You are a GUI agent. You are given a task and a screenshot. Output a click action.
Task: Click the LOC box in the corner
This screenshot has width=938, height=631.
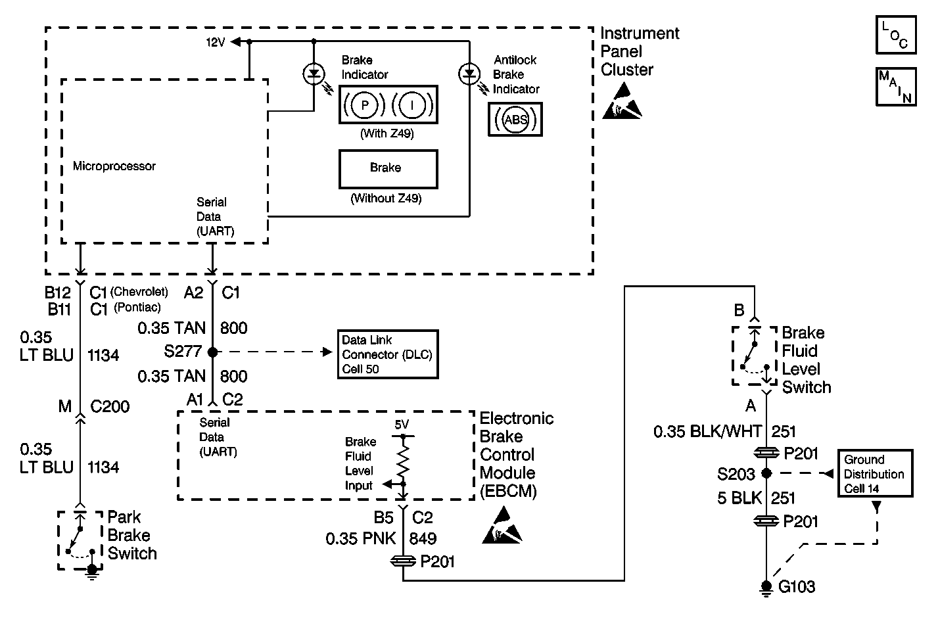[895, 35]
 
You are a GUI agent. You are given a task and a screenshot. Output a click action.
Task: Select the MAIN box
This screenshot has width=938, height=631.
[895, 86]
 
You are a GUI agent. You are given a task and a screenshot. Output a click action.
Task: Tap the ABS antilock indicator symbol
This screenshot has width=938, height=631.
[515, 120]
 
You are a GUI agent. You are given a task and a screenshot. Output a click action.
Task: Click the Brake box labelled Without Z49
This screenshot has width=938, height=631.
[388, 168]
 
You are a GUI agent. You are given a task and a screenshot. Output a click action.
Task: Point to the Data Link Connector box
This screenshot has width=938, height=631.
[387, 354]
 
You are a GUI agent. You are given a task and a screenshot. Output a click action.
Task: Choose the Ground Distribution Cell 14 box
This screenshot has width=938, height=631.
[874, 473]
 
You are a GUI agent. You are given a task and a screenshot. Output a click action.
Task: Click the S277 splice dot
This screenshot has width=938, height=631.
[212, 352]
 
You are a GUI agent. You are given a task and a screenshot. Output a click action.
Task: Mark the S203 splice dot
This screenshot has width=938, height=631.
[766, 473]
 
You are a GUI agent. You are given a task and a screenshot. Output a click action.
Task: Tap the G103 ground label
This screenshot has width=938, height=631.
[797, 587]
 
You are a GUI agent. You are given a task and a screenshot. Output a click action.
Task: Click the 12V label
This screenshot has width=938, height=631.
[216, 42]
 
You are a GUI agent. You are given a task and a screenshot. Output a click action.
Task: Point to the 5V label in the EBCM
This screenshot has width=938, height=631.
[402, 425]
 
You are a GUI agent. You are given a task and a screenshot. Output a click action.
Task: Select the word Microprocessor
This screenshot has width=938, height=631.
[114, 166]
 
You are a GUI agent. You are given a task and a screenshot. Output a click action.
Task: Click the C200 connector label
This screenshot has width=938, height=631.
[110, 407]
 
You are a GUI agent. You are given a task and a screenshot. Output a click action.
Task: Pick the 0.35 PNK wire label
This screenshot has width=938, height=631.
[361, 539]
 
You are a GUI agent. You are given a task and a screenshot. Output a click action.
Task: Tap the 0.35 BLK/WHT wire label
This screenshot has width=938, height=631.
[707, 432]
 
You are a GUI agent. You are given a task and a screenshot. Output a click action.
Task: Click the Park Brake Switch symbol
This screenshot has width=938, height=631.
[80, 539]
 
